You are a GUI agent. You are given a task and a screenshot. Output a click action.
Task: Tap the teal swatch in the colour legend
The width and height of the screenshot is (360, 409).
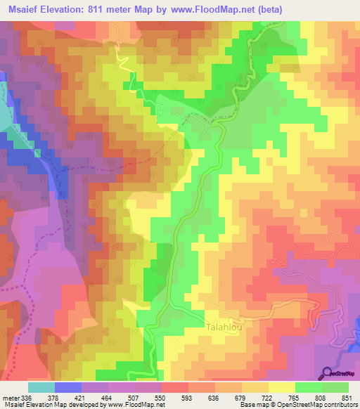click(x=41, y=387)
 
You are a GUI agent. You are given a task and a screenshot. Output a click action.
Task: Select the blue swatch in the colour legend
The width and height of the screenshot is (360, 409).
click(x=67, y=387)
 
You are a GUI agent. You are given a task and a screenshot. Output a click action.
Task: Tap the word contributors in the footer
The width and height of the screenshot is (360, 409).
click(x=335, y=405)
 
